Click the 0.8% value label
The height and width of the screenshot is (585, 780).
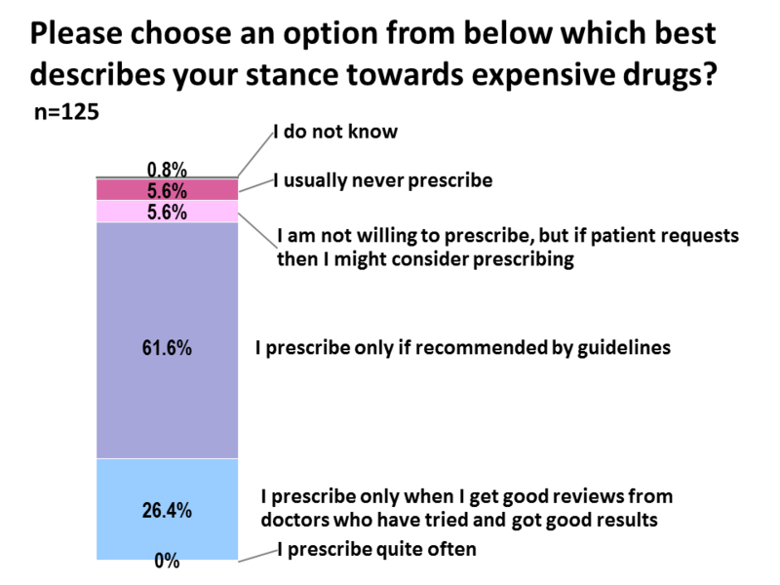(167, 169)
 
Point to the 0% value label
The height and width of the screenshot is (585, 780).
(167, 561)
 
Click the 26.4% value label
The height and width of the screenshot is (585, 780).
(167, 510)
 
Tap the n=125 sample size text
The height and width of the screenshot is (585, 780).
(65, 112)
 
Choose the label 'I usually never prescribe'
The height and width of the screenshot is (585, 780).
(382, 179)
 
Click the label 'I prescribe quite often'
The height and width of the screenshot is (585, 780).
(377, 549)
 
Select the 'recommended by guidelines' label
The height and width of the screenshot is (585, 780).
(462, 347)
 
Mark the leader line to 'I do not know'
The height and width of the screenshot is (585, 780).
(251, 155)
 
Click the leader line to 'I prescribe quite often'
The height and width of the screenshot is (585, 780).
(256, 555)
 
